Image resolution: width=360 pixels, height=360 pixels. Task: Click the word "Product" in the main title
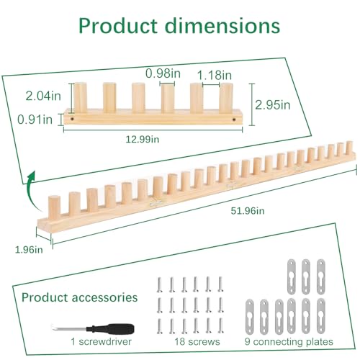pyautogui.click(x=118, y=26)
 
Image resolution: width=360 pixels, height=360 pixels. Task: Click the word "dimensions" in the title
pyautogui.click(x=223, y=25)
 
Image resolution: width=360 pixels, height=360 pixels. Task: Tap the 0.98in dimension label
pyautogui.click(x=163, y=73)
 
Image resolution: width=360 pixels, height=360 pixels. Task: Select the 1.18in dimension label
pyautogui.click(x=215, y=75)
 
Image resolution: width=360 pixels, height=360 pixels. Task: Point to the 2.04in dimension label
pyautogui.click(x=43, y=96)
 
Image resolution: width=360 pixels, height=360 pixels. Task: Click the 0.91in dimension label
pyautogui.click(x=35, y=120)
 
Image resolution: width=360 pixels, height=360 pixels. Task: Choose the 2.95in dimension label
pyautogui.click(x=272, y=105)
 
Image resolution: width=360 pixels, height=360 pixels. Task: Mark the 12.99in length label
pyautogui.click(x=143, y=139)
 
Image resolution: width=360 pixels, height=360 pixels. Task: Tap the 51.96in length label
pyautogui.click(x=248, y=211)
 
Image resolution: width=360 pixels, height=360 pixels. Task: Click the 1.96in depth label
pyautogui.click(x=29, y=250)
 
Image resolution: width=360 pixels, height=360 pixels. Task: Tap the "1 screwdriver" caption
pyautogui.click(x=101, y=341)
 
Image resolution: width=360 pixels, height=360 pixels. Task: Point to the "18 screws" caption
pyautogui.click(x=197, y=342)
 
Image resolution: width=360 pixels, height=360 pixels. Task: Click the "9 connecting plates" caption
pyautogui.click(x=289, y=341)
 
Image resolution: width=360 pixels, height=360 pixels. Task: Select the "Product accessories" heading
pyautogui.click(x=79, y=297)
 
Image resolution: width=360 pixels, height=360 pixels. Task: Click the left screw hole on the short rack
pyautogui.click(x=72, y=119)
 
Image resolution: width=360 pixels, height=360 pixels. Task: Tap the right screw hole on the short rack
pyautogui.click(x=234, y=119)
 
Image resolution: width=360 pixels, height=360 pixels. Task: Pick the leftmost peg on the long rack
pyautogui.click(x=54, y=207)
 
